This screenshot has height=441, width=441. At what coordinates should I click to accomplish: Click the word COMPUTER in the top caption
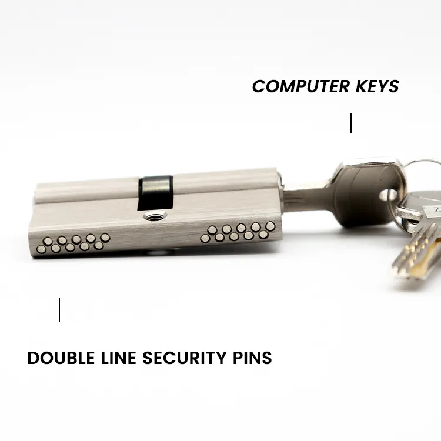click(x=301, y=86)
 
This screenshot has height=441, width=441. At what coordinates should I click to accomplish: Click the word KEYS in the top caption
click(x=377, y=86)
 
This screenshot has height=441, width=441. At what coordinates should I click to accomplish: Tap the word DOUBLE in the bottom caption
click(x=61, y=358)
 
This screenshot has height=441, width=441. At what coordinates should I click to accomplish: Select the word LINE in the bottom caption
click(x=118, y=358)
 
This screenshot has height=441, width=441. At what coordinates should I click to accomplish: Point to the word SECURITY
click(x=185, y=358)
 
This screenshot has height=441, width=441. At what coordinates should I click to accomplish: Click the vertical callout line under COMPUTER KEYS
click(x=351, y=123)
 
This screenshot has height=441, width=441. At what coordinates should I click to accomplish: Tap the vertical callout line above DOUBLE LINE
click(x=59, y=310)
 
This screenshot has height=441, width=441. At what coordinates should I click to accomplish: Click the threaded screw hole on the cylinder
click(x=155, y=216)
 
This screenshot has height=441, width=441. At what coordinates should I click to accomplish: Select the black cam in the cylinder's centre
click(x=155, y=192)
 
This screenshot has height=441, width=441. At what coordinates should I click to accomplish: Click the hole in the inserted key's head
click(x=387, y=195)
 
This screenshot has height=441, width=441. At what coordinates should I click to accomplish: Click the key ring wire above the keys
click(x=422, y=162)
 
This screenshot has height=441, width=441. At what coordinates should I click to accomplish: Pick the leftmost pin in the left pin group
click(x=41, y=249)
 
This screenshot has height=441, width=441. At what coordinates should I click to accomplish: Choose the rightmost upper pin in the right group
click(x=270, y=226)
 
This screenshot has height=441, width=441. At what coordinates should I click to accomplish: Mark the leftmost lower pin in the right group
click(x=205, y=239)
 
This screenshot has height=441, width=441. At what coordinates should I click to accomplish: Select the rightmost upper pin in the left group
click(x=105, y=238)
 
